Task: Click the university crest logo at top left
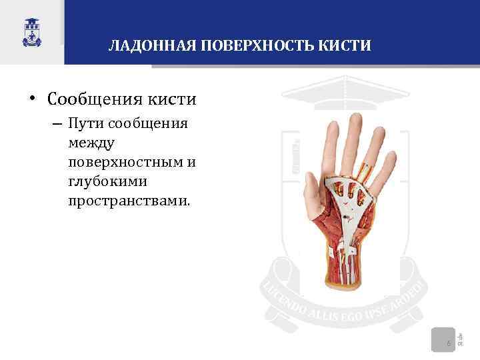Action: click(31, 31)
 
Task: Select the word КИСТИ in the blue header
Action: click(345, 46)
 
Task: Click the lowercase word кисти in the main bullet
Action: click(173, 100)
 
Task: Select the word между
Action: click(91, 143)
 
